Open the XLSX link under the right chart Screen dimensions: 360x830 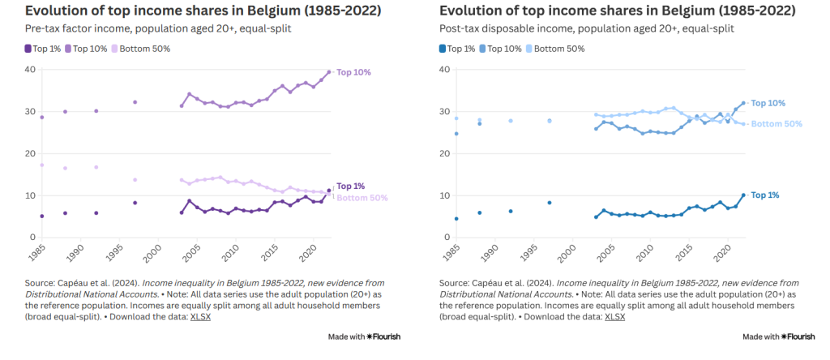point(615,316)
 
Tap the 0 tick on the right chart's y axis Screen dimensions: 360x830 point(444,238)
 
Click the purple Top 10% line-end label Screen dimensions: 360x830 point(353,73)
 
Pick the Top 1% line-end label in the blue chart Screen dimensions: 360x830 point(764,195)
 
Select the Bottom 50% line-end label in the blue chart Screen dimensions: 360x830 point(777,124)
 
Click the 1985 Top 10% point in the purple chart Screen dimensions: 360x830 point(41,118)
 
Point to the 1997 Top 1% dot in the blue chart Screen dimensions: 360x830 point(550,203)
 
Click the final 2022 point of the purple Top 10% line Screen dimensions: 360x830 point(328,72)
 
